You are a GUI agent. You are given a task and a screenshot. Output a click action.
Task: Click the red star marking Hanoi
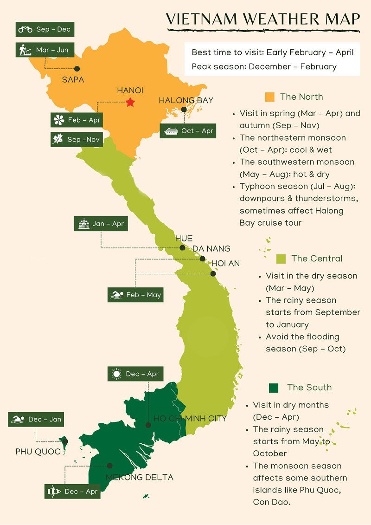(130, 102)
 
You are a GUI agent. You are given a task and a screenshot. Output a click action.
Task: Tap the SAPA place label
(73, 80)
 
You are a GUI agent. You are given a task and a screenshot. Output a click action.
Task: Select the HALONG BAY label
(186, 100)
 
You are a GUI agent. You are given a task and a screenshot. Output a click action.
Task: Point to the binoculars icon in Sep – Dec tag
(25, 30)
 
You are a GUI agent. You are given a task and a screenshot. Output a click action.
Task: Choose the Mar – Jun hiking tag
(45, 50)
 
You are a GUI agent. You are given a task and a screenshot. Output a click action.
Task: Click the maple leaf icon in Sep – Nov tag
(58, 139)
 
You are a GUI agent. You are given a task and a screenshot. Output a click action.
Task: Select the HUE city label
(184, 239)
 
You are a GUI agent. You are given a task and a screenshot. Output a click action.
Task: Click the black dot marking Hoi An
(213, 274)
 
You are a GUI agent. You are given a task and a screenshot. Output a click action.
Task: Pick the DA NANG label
(211, 249)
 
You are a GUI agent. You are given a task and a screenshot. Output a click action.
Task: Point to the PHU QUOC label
(38, 452)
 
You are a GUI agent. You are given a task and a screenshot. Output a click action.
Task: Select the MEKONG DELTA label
(139, 477)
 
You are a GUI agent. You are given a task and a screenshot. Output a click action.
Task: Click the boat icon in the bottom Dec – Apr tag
(54, 492)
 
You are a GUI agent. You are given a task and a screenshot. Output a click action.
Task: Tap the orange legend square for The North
(269, 97)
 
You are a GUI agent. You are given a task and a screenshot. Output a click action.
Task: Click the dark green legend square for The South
(273, 388)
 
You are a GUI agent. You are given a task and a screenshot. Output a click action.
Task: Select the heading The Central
(317, 259)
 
